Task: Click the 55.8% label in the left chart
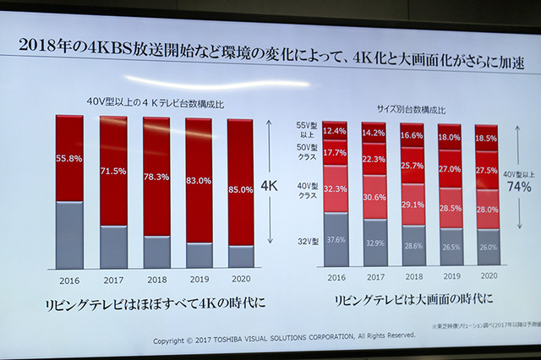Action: [x=69, y=158]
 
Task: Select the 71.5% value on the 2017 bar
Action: [x=112, y=172]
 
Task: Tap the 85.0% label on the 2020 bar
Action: [x=240, y=190]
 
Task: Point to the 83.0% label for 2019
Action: [x=199, y=181]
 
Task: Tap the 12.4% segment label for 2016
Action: [x=335, y=131]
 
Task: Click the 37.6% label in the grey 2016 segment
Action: [x=335, y=240]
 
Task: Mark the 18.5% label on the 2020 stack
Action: [x=486, y=138]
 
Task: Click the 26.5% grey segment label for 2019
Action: [x=450, y=248]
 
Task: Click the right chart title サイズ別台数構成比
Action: [x=410, y=109]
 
